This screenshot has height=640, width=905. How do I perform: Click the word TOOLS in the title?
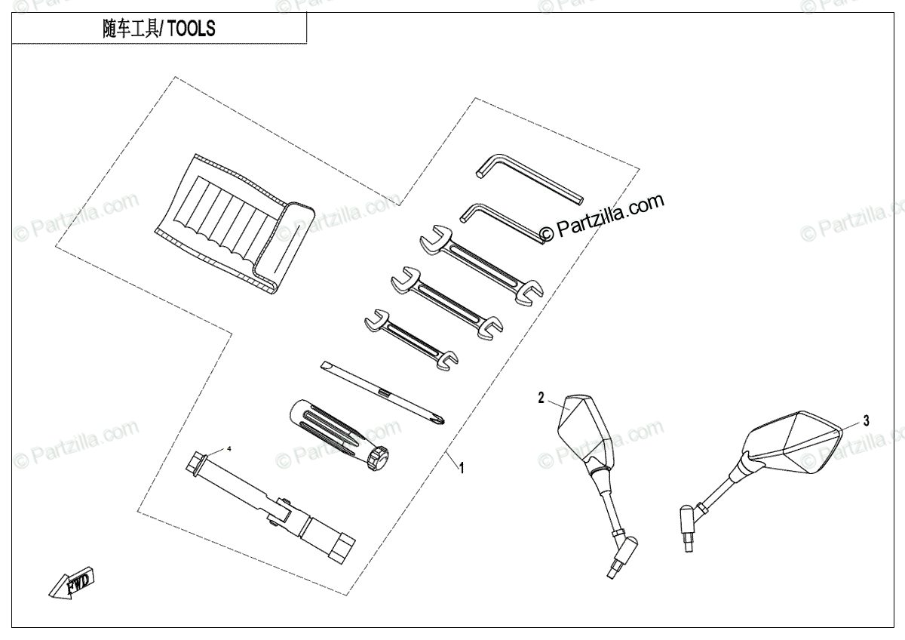[191, 29]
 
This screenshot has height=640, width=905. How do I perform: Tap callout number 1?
[462, 468]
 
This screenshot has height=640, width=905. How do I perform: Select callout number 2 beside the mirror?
[541, 398]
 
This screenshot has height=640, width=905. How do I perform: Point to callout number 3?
[867, 421]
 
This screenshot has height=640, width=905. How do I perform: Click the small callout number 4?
[229, 449]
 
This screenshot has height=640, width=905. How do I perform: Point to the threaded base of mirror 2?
[618, 562]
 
